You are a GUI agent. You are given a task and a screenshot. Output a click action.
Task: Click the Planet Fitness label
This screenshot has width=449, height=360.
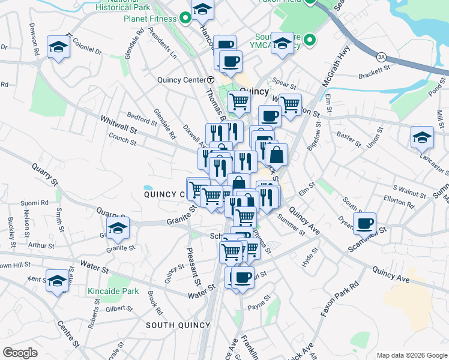(x=150, y=19)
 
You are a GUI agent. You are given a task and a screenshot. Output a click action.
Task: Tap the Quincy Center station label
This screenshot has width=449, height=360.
(x=181, y=80)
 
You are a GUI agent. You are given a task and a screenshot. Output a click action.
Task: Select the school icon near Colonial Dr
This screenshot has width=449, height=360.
(x=59, y=46)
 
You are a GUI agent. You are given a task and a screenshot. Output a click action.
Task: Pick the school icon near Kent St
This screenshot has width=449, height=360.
(x=58, y=280)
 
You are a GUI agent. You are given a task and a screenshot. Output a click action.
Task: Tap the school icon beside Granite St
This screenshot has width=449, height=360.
(x=118, y=228)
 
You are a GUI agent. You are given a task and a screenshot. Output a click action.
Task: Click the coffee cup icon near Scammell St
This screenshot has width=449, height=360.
(x=364, y=224)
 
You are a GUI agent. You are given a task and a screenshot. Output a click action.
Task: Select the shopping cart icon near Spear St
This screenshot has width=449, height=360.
(x=291, y=103)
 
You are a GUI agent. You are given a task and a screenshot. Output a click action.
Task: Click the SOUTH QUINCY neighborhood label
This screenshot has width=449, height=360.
(x=178, y=325)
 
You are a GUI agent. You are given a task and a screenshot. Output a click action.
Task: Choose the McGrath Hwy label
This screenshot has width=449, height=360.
(x=336, y=64)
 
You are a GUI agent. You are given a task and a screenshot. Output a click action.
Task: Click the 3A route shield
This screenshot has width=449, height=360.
(x=382, y=57)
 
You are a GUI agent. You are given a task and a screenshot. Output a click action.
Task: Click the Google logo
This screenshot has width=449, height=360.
(x=20, y=352)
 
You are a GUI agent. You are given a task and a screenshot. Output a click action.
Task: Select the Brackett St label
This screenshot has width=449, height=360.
(x=375, y=76)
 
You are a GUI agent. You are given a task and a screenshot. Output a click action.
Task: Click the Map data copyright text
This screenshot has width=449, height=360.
(x=411, y=355)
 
